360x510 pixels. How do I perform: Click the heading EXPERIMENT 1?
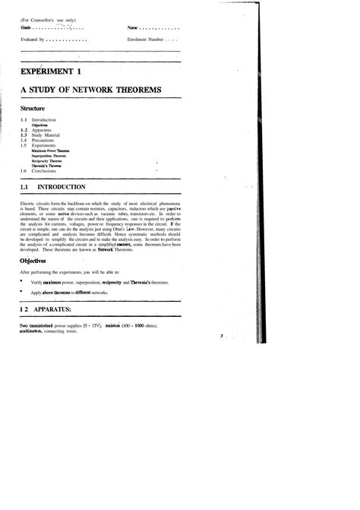click(x=50, y=72)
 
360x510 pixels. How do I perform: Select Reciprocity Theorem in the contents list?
click(x=47, y=161)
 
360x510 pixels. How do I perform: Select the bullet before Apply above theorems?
click(x=21, y=291)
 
